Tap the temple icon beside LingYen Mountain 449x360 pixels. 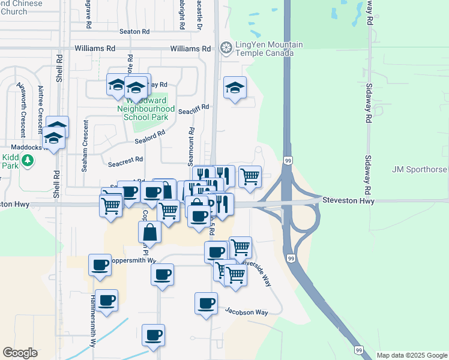coord(226,47)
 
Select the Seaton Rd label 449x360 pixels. coord(134,31)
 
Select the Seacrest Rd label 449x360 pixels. coord(125,160)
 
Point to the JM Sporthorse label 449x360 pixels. coord(420,170)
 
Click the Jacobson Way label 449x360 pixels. coord(246,311)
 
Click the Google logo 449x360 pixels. coord(20,353)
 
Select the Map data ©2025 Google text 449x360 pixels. coord(412,355)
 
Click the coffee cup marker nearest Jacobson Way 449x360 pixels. coord(206,303)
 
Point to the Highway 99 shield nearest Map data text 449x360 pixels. coord(358,350)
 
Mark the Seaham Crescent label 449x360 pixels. coord(85,146)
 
